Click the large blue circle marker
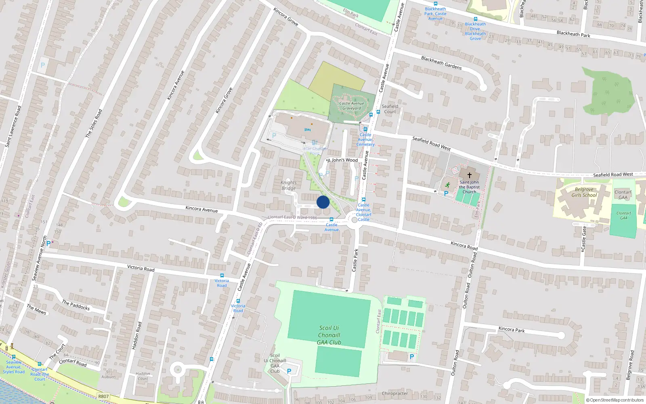[x=323, y=202]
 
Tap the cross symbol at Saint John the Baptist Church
[x=469, y=175]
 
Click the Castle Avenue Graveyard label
[x=352, y=106]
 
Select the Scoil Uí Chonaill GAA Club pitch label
[x=329, y=335]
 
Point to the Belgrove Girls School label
[x=584, y=192]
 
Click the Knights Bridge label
[x=289, y=185]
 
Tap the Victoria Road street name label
[x=141, y=268]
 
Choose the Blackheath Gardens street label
[x=441, y=63]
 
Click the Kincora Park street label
[x=512, y=329]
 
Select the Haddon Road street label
[x=137, y=336]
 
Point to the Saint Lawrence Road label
[x=13, y=126]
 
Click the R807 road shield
[x=103, y=396]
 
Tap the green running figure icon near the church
[x=447, y=185]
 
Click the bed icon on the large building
[x=307, y=130]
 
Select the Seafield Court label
[x=390, y=109]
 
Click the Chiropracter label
[x=395, y=393]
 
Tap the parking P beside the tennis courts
[x=412, y=357]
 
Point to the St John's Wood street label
[x=342, y=160]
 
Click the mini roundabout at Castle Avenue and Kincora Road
[x=354, y=219]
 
